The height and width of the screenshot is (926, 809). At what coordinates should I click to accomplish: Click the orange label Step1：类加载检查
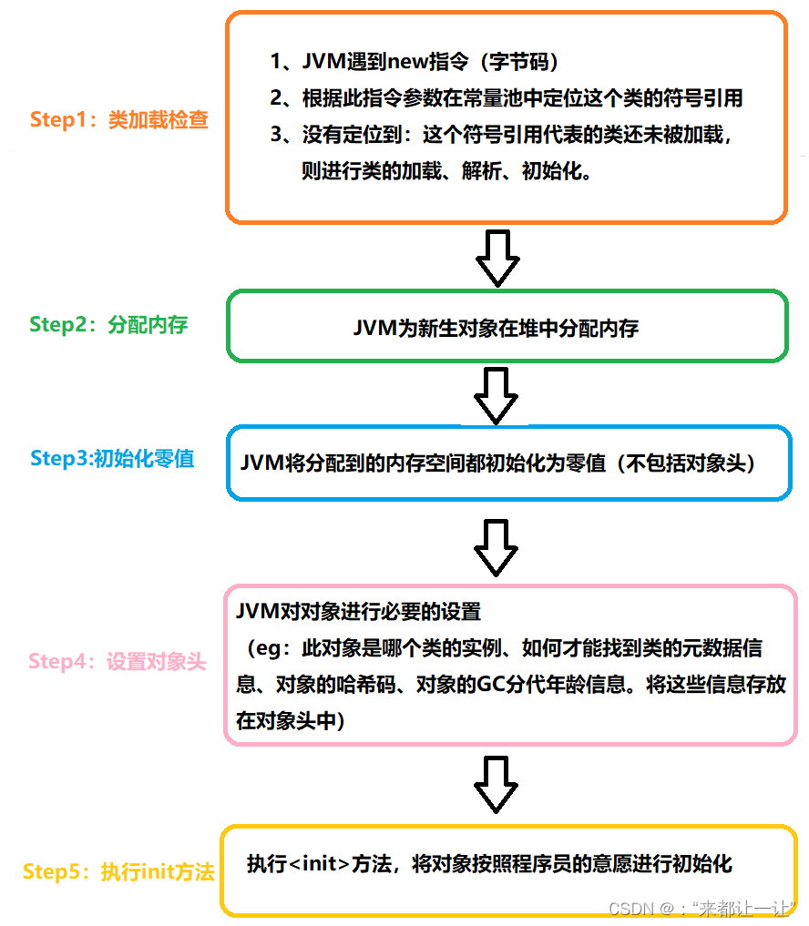point(118,120)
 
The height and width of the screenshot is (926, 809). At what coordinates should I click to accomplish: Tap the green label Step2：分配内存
point(108,324)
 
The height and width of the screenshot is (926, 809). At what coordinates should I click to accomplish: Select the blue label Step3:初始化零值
point(112,458)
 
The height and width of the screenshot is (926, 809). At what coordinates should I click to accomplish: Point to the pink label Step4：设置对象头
point(118,661)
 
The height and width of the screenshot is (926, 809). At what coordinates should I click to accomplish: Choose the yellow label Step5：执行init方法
point(118,871)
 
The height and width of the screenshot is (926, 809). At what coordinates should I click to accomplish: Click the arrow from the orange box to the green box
point(497,258)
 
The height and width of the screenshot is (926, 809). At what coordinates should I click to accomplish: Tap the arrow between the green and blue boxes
point(497,394)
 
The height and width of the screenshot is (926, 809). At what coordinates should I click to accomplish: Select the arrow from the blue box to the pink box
point(497,546)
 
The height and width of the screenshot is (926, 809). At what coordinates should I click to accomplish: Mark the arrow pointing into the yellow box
point(497,785)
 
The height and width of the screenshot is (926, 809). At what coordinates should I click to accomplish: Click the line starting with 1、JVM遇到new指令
point(414,63)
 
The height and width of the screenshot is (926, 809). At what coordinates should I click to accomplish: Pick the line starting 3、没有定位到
point(502,136)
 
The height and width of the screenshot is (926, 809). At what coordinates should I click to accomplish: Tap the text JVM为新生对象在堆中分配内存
point(496,329)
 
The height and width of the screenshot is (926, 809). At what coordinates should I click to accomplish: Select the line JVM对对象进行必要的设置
point(358,612)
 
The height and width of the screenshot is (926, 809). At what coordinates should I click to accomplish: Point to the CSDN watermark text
point(701,909)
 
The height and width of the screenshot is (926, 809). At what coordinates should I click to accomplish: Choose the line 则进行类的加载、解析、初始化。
point(447,171)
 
